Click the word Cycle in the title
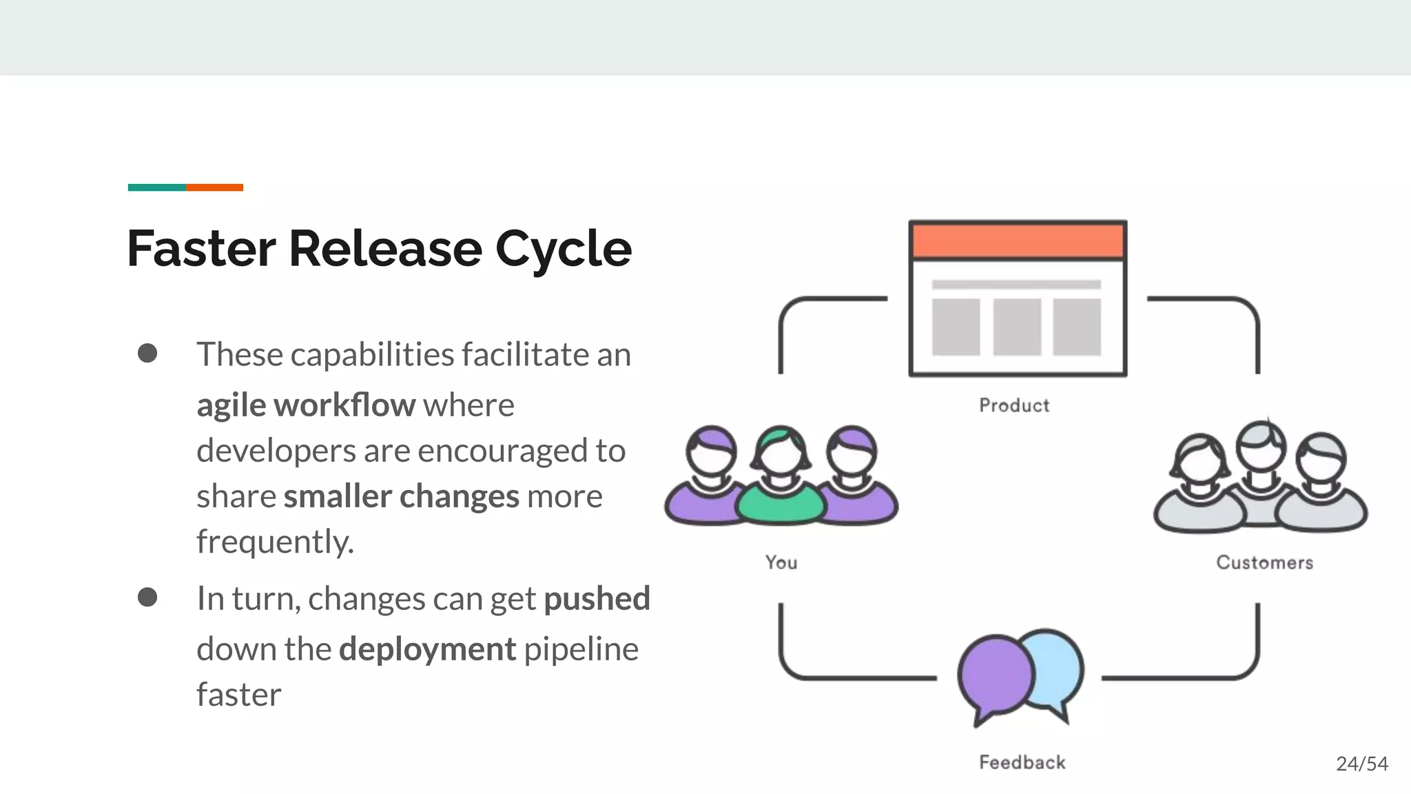pos(563,249)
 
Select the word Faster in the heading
pos(201,249)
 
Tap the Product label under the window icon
pos(1014,405)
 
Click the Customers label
pos(1264,562)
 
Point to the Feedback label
pos(1022,762)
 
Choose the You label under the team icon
pos(781,562)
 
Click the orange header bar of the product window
pos(1018,241)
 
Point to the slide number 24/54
pos(1361,764)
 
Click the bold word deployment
pos(427,649)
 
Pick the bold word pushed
pos(597,598)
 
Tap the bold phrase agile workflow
pos(306,405)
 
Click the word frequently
pos(275,542)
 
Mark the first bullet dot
pos(147,354)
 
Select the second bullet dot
pos(147,597)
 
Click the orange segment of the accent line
pos(214,187)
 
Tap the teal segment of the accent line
pos(157,187)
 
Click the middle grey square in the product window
pos(1017,327)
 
